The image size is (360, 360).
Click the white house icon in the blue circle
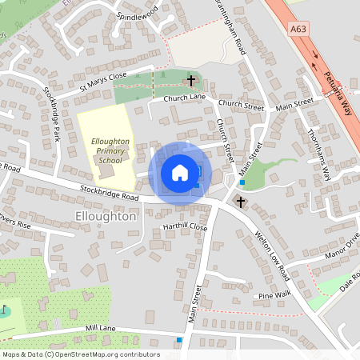click(x=180, y=173)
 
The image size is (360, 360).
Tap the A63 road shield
click(x=298, y=30)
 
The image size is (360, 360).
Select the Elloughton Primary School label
click(x=106, y=148)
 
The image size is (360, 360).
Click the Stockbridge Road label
click(x=109, y=193)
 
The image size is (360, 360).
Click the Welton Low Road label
click(x=270, y=256)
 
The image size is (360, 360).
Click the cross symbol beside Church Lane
click(x=190, y=80)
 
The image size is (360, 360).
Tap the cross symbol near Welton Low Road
click(x=241, y=202)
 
